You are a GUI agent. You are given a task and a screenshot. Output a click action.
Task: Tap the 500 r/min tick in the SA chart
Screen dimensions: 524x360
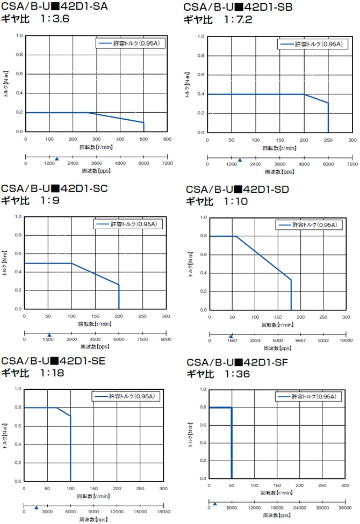click(143, 139)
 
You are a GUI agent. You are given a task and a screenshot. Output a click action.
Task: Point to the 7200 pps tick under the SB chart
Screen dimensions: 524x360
click(352, 164)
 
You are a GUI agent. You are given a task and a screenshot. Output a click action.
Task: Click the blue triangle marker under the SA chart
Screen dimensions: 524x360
click(57, 158)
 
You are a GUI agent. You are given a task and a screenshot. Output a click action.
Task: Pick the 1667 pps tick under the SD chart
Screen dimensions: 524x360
click(232, 340)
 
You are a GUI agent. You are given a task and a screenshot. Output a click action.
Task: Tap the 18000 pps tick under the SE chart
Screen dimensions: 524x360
click(163, 512)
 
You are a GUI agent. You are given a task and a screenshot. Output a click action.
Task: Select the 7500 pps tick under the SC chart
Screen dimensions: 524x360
click(142, 339)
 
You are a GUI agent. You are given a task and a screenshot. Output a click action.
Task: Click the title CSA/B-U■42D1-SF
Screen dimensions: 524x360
click(241, 362)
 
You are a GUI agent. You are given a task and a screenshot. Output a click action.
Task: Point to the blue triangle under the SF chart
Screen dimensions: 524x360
click(215, 504)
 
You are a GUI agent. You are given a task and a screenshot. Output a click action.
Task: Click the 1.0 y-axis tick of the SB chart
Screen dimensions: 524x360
click(201, 37)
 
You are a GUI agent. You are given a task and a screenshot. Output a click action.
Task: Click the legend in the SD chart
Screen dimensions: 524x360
click(308, 225)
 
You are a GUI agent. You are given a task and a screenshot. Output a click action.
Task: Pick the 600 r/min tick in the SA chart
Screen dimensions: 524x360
click(167, 139)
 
